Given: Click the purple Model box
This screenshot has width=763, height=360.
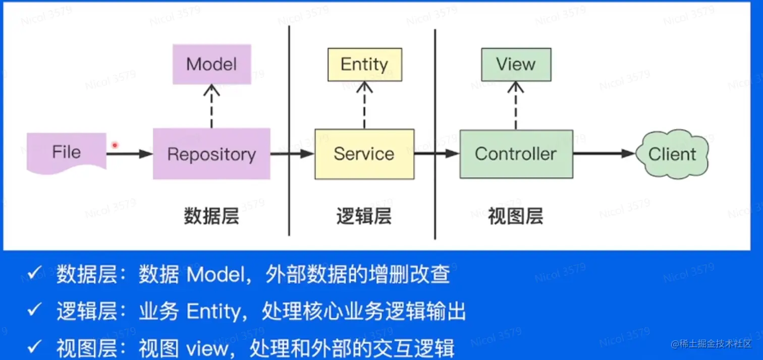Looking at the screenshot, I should [211, 64].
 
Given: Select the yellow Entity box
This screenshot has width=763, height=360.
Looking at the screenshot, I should [364, 65].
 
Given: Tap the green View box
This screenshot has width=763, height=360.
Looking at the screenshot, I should [516, 65].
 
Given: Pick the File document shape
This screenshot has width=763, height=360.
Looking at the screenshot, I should [66, 152].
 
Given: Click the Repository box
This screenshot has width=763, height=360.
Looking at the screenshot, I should [211, 154].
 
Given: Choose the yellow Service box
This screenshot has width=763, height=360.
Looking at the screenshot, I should [364, 154].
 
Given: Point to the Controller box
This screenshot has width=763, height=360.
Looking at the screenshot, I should [516, 154].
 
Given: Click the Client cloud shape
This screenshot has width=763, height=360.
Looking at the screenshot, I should [672, 154].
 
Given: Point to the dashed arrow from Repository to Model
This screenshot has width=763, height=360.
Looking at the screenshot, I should [211, 106].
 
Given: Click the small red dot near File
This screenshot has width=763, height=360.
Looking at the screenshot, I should [115, 145].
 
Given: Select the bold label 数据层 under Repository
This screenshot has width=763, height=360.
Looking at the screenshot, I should [211, 217].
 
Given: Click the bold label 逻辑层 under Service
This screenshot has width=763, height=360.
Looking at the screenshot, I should [364, 217].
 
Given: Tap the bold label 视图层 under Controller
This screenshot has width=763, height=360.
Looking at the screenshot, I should [515, 217].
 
